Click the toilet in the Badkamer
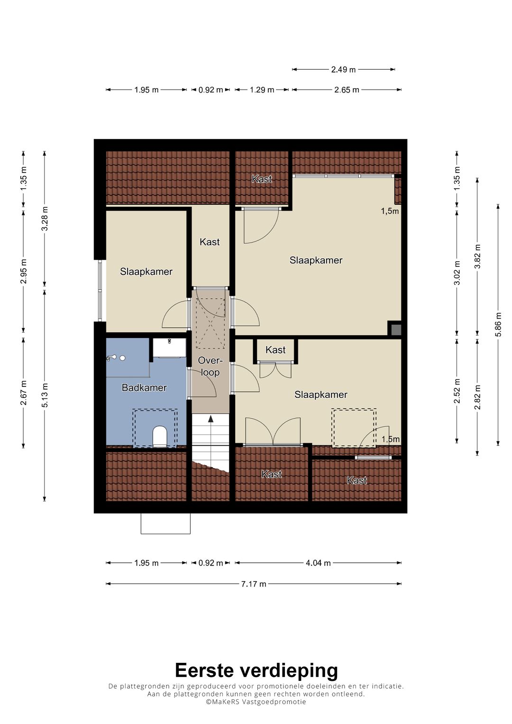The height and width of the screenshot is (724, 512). click(x=159, y=436)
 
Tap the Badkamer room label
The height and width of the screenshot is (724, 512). click(x=144, y=387)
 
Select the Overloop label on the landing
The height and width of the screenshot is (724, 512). click(x=210, y=366)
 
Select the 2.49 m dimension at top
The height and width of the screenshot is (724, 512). click(x=343, y=70)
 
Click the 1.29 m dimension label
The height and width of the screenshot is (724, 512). click(x=262, y=90)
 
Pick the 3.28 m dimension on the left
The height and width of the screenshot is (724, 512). click(x=45, y=219)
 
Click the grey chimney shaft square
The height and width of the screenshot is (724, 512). click(x=396, y=330)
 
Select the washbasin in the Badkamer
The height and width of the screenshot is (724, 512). click(x=169, y=348)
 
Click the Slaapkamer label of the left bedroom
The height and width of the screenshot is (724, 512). click(x=146, y=272)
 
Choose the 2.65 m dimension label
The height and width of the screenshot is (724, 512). click(x=347, y=90)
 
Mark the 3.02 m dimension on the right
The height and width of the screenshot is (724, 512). click(x=457, y=273)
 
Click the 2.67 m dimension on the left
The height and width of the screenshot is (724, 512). click(x=23, y=393)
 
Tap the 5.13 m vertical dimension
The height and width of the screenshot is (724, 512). click(x=45, y=395)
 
